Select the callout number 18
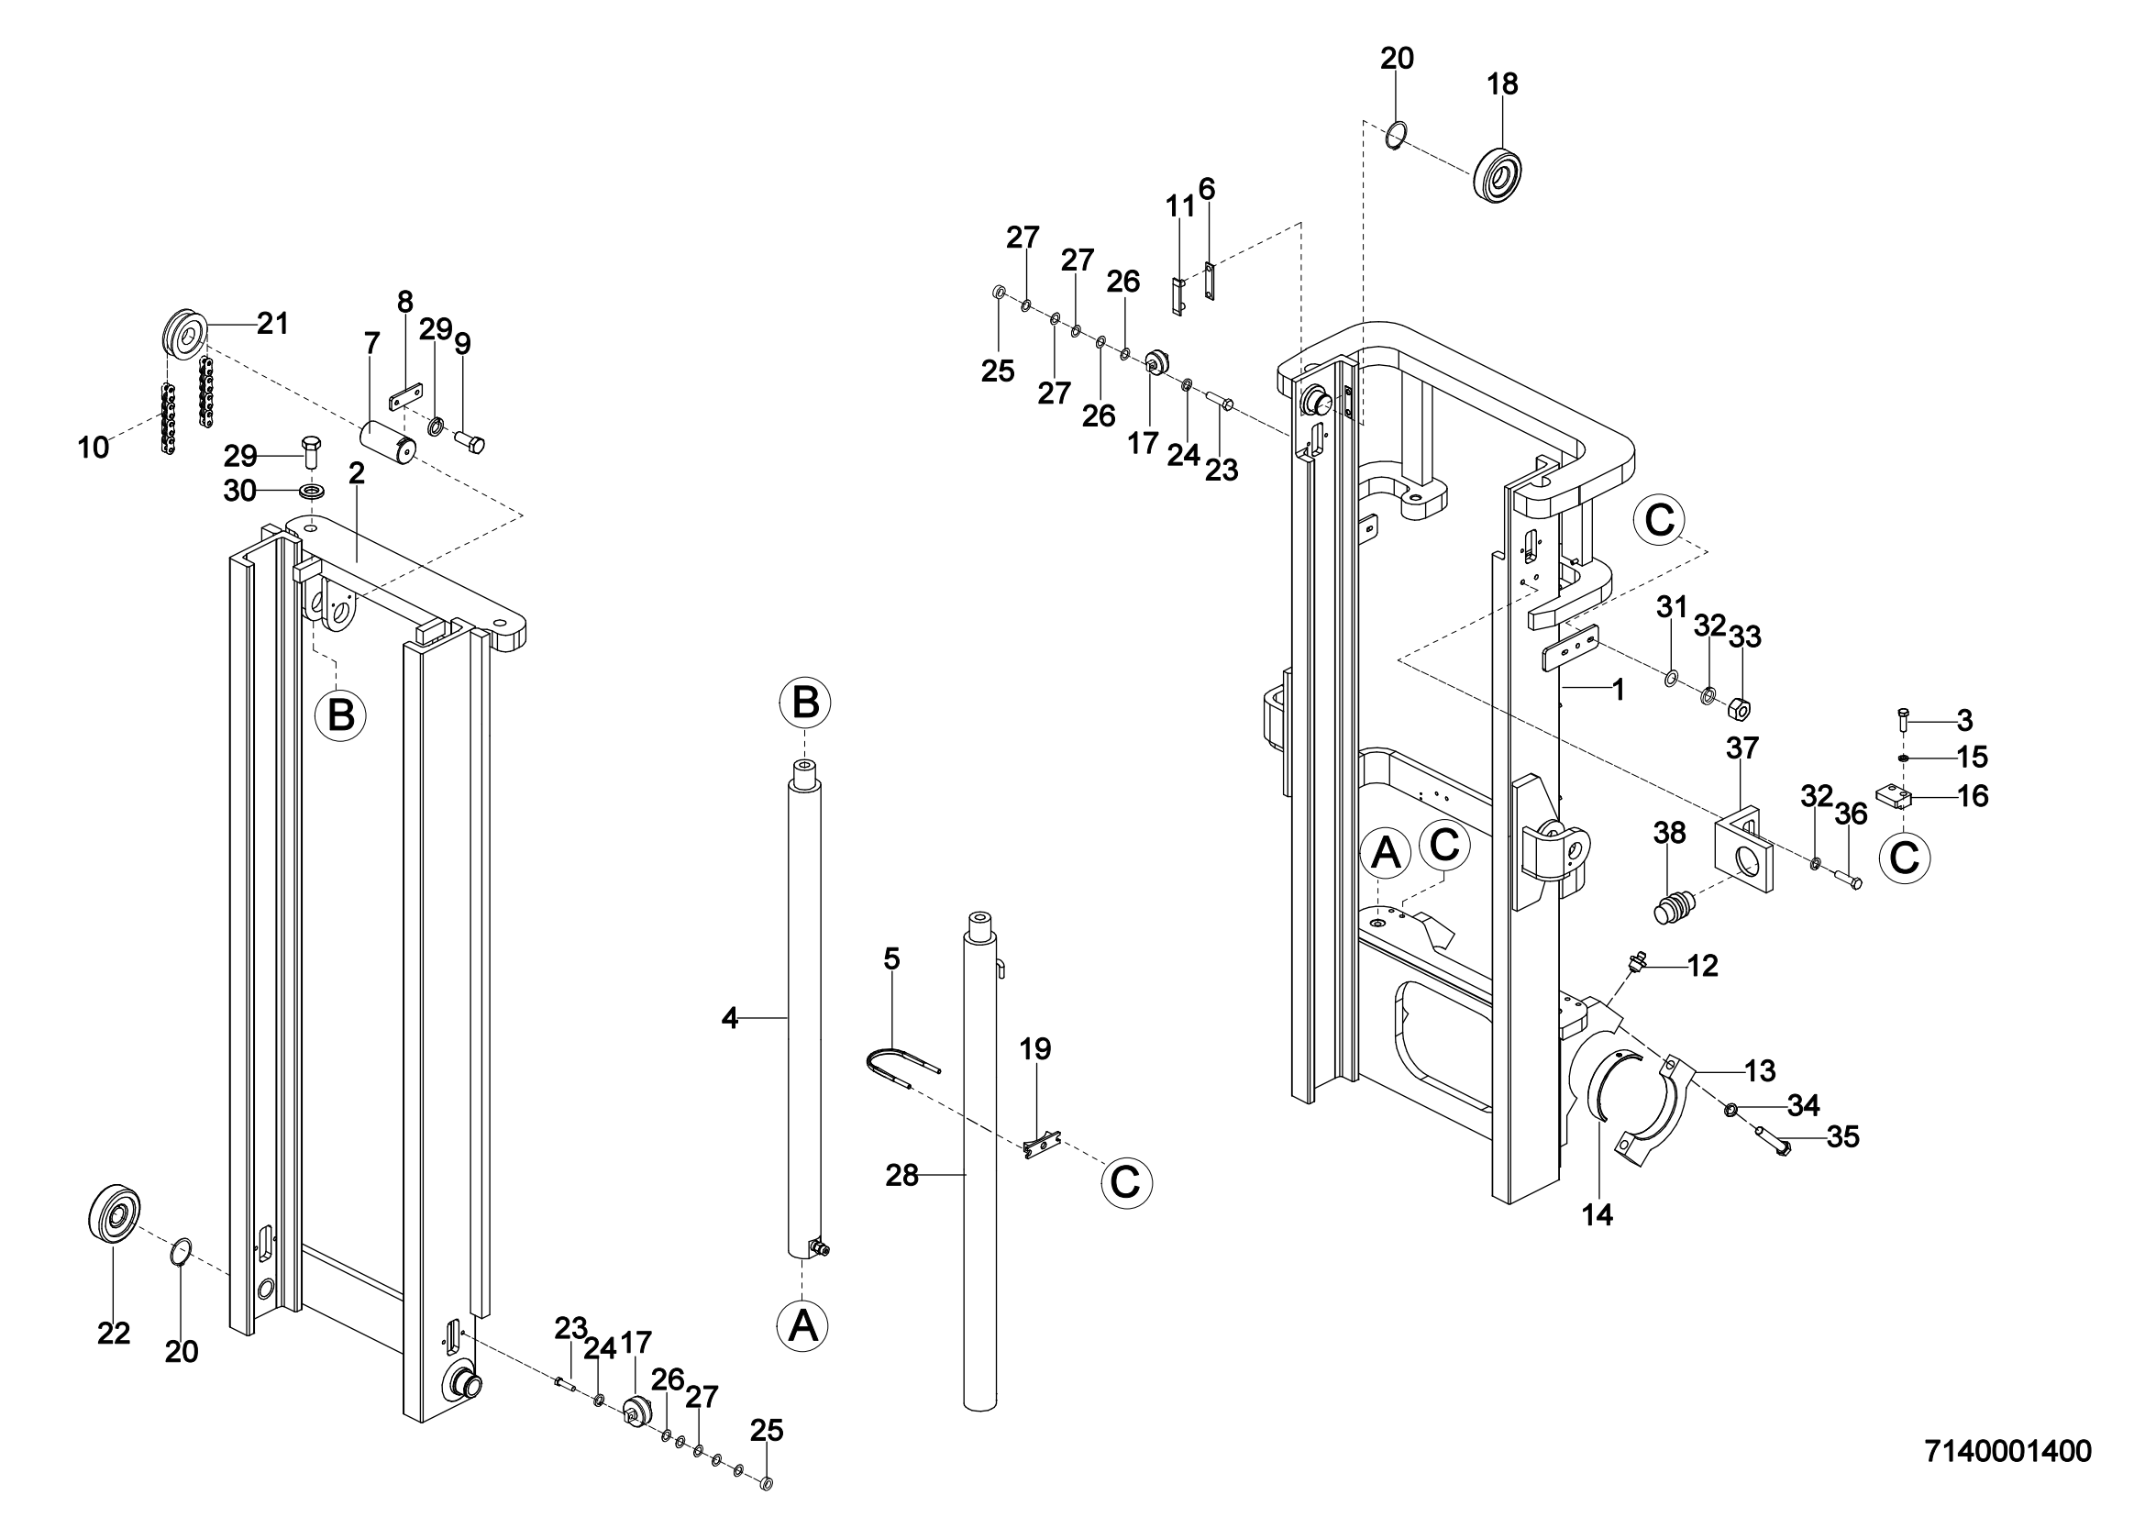pyautogui.click(x=1502, y=84)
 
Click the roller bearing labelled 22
pyautogui.click(x=115, y=1214)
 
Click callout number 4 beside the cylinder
pyautogui.click(x=730, y=1018)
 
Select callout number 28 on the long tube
pyautogui.click(x=902, y=1175)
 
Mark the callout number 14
pyautogui.click(x=1598, y=1214)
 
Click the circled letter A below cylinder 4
pyautogui.click(x=802, y=1325)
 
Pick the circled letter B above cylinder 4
pyautogui.click(x=805, y=703)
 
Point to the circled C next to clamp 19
pyautogui.click(x=1126, y=1182)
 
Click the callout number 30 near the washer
pyautogui.click(x=240, y=491)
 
